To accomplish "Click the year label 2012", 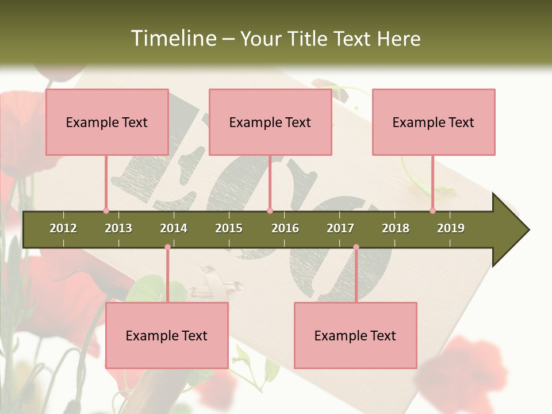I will pos(63,228).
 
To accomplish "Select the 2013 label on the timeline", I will pos(118,228).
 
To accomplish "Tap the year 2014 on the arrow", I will pos(174,228).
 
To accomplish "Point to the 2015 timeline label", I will pos(229,228).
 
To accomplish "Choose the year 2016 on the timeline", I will pos(285,228).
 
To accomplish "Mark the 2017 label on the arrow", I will pos(340,228).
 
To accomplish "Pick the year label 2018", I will pos(396,228).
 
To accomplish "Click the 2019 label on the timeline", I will pos(451,228).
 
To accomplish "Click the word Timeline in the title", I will pos(172,39).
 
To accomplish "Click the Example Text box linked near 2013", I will pos(107,122).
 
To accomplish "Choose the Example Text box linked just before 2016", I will pos(270,122).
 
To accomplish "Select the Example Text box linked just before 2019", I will pos(434,122).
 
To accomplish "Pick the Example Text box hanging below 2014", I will pos(167,335).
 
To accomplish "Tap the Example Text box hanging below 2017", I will pos(355,335).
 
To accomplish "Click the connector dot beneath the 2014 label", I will pos(167,247).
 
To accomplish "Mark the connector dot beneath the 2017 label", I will pos(356,247).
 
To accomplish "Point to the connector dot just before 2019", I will pos(433,211).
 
